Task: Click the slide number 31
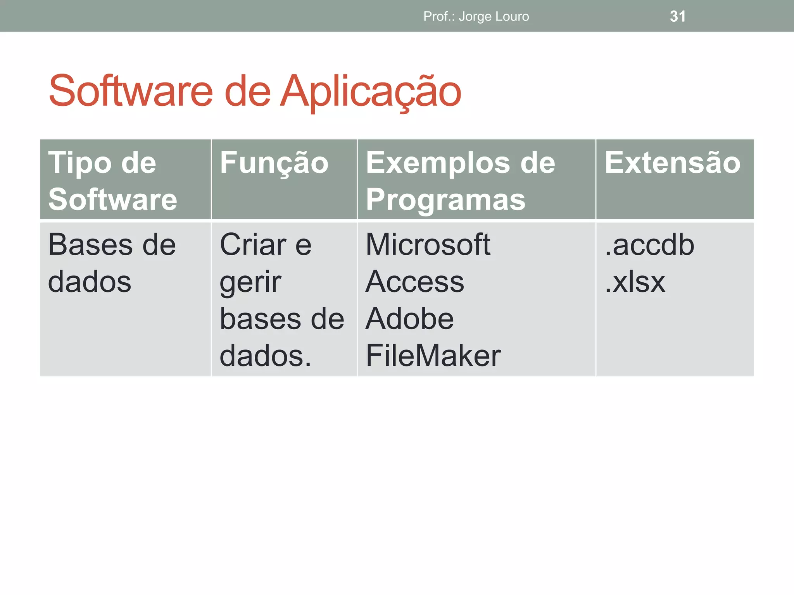677,16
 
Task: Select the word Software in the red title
131,91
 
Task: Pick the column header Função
274,163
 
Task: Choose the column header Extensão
672,163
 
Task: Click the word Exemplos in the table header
438,163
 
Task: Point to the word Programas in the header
445,200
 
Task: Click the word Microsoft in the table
428,245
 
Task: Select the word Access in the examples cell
414,282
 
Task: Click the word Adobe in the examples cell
409,319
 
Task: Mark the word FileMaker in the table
433,356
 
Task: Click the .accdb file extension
649,245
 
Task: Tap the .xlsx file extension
635,282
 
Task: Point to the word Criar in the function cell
253,245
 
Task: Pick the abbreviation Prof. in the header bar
438,17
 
